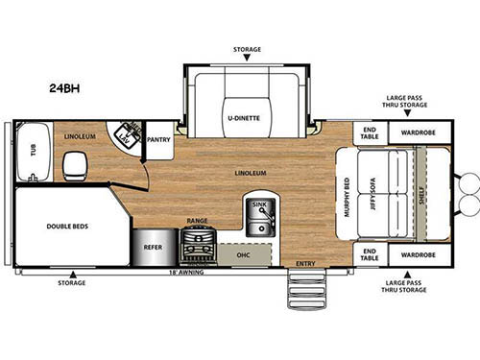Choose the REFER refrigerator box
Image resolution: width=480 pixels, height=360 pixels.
[153, 246]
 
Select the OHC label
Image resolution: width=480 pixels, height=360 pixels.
[245, 255]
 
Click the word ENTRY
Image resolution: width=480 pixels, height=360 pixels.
[305, 263]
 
